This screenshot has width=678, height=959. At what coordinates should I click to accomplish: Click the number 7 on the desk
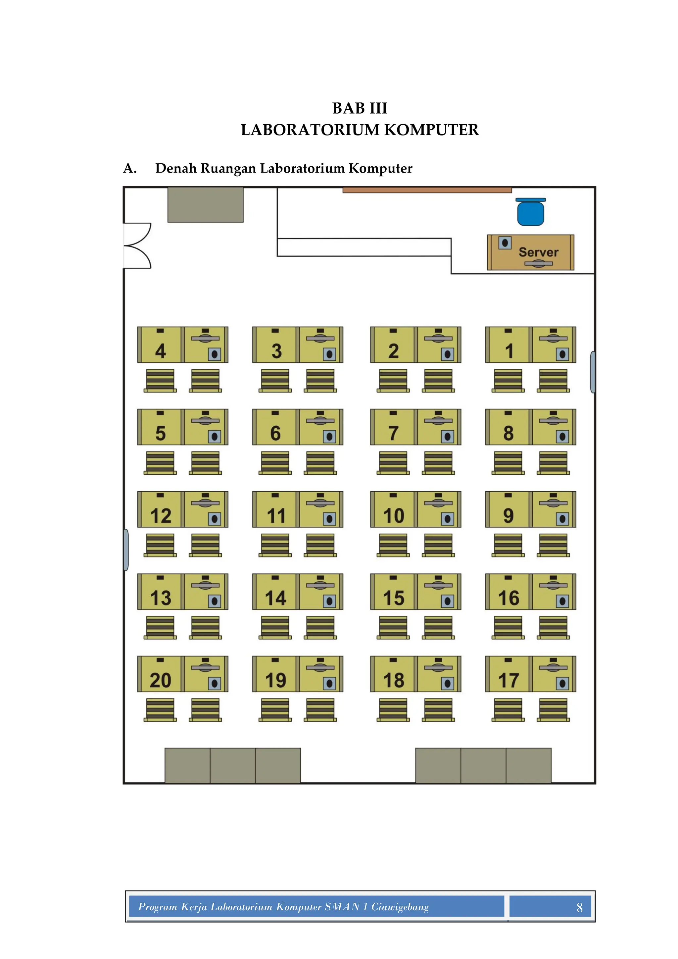coord(393,433)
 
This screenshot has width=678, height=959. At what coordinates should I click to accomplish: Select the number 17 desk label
coord(508,680)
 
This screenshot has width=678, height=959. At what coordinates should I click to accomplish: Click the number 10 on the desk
coord(394,516)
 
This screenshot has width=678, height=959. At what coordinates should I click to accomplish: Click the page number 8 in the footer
coord(579,907)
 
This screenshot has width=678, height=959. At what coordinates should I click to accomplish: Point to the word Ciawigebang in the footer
coord(400,907)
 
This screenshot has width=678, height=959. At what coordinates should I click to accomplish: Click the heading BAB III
coord(360,108)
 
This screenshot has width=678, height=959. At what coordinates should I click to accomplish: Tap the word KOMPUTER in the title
coord(431,130)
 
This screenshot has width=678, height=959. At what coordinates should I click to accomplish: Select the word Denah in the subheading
coord(176,168)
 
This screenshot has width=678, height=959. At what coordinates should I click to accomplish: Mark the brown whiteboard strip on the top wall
coord(427,190)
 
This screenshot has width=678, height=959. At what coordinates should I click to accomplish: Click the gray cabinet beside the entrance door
coord(205,205)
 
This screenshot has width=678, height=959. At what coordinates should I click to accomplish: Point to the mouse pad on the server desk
coord(505,243)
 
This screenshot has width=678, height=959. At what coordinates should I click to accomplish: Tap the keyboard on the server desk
coord(539,264)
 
